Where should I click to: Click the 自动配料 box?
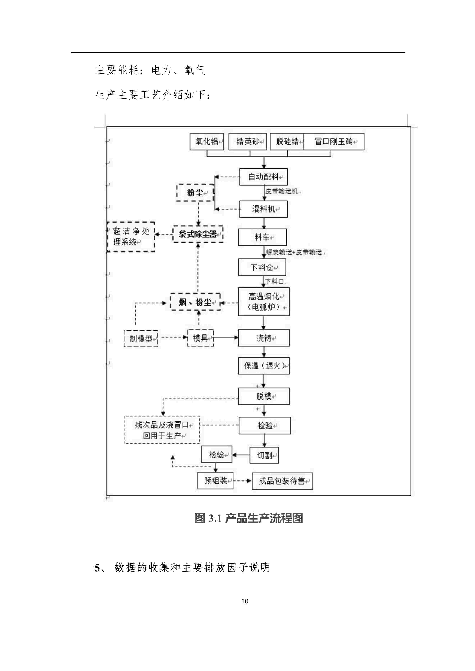(x=263, y=177)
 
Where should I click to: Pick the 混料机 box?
(x=263, y=209)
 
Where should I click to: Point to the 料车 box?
(x=262, y=237)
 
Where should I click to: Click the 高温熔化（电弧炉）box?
(x=264, y=301)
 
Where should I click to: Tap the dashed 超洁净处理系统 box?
(x=131, y=237)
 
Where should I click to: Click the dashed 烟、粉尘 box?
(x=195, y=302)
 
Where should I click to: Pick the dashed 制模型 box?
(x=141, y=338)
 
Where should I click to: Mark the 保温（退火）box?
(x=264, y=366)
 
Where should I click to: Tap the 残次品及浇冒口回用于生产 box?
(x=162, y=430)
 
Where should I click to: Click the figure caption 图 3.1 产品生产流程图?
(x=249, y=518)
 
